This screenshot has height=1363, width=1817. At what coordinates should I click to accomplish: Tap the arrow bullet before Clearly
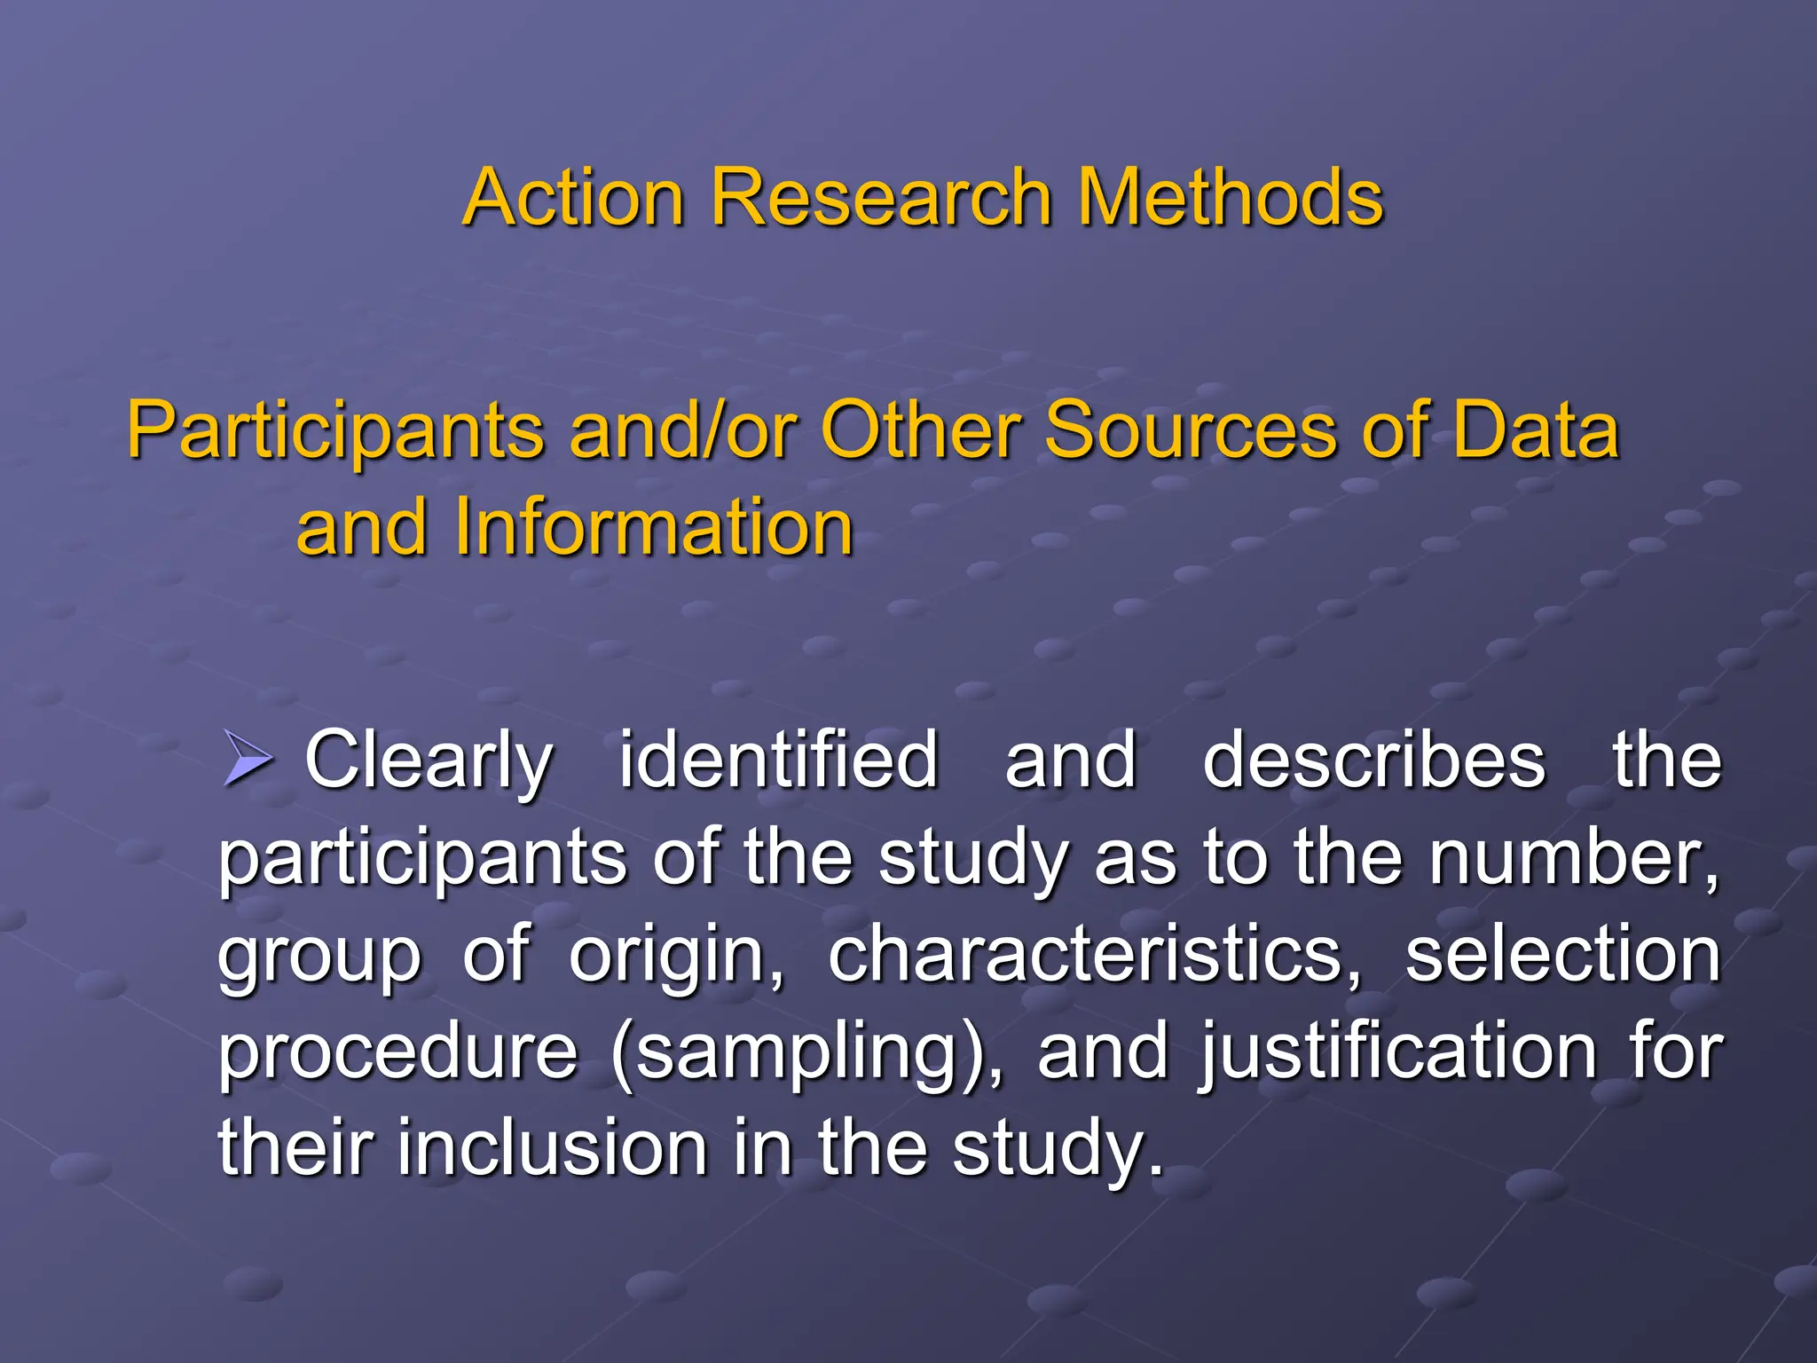click(x=247, y=759)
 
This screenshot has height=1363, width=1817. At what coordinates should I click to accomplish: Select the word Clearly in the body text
click(x=429, y=761)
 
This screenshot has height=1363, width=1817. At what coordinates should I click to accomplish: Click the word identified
click(x=778, y=760)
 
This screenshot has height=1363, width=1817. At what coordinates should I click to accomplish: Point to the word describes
click(x=1374, y=760)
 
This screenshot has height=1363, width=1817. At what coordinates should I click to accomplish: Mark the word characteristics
click(x=1093, y=955)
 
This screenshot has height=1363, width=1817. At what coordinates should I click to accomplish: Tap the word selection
click(x=1562, y=955)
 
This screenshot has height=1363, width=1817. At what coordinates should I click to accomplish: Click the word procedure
click(x=398, y=1053)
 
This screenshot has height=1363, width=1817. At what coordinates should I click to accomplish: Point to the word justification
click(x=1398, y=1053)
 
